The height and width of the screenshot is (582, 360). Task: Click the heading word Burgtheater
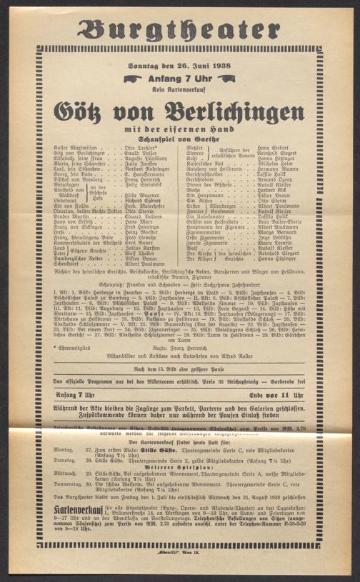179,31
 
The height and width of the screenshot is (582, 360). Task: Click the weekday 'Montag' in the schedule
62,451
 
